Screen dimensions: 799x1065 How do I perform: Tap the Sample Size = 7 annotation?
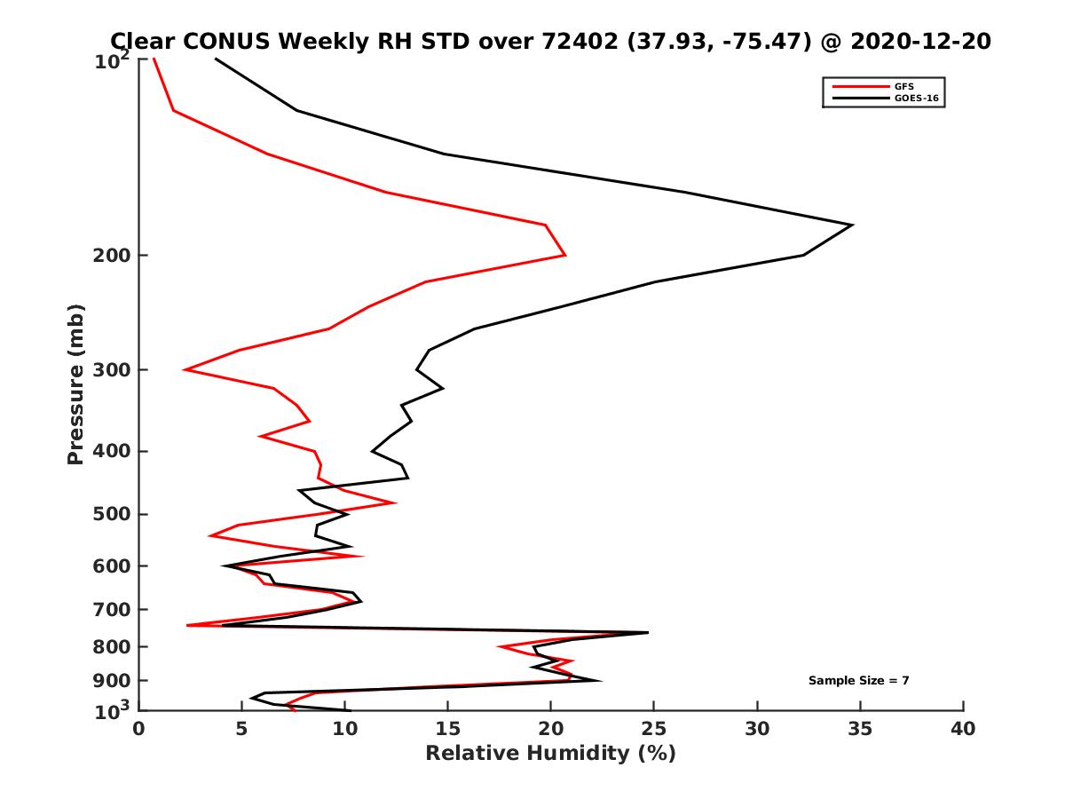pos(858,680)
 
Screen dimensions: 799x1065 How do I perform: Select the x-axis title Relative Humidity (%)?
pos(550,754)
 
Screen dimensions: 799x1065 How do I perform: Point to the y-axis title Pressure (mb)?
pos(75,384)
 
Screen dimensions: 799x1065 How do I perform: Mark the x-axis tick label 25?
pos(654,729)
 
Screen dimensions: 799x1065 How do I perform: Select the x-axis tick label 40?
pos(963,729)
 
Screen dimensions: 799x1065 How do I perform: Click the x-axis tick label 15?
pos(447,729)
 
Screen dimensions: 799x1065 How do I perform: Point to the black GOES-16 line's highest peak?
pos(852,225)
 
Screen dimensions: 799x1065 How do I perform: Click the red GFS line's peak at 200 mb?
pos(565,256)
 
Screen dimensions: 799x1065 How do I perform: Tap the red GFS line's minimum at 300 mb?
pos(184,369)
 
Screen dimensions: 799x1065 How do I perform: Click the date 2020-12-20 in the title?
pos(918,41)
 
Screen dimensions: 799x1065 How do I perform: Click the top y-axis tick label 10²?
pos(113,60)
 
